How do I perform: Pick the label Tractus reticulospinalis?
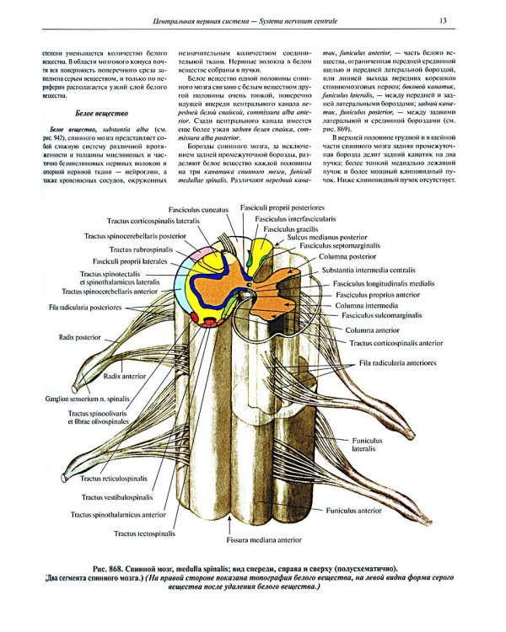click(x=117, y=478)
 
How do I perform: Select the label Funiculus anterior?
click(x=354, y=511)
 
